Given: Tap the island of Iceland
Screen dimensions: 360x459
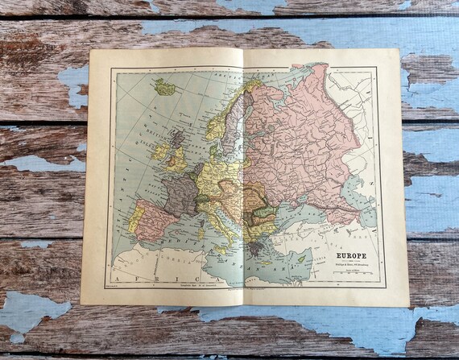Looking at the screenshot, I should [x=165, y=86].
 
